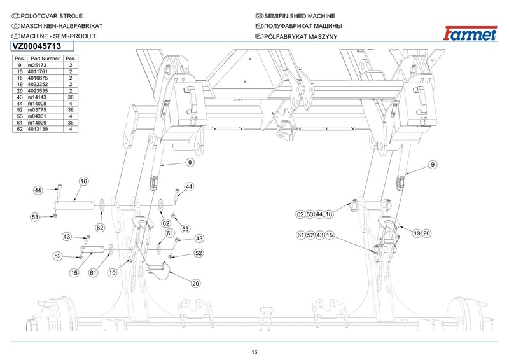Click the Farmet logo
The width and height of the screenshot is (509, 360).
pos(470,34)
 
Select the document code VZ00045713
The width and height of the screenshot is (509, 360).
pos(37,46)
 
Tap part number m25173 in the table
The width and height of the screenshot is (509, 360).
pos(37,65)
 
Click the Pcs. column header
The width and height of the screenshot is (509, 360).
pos(71,59)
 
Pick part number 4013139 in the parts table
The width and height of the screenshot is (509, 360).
pos(38,129)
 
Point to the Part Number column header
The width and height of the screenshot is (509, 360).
pos(45,59)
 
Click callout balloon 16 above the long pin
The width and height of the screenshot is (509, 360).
pos(84,181)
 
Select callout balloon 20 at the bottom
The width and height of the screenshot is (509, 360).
pos(195,284)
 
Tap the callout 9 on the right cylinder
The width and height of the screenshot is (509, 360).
pos(433,165)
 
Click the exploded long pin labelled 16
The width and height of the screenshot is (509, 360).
pos(74,205)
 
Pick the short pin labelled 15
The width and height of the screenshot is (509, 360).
pos(92,249)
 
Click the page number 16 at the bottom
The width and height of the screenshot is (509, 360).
pos(254,352)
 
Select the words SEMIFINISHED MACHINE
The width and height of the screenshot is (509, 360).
pos(300,16)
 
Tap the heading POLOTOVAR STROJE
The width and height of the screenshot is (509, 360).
pos(52,16)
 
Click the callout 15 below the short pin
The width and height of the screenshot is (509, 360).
pos(74,273)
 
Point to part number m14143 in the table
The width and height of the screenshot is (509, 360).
pos(37,97)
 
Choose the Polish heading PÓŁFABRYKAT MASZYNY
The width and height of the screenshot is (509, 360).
pos(300,37)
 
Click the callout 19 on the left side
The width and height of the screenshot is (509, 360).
pos(112,273)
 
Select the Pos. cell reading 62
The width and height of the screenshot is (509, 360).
pos(20,129)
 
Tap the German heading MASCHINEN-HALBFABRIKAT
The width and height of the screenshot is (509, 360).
pos(62,26)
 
